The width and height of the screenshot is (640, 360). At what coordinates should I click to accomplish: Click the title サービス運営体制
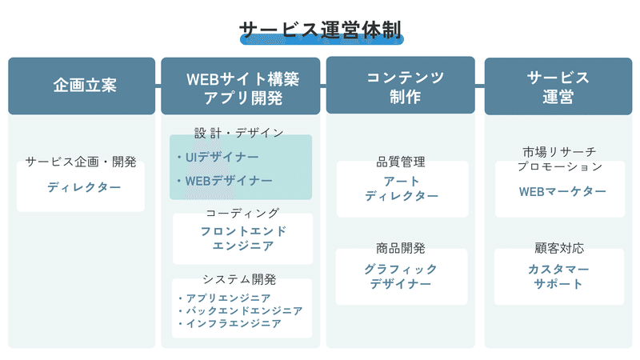tap(322, 30)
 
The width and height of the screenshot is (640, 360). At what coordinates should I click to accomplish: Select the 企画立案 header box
tap(82, 86)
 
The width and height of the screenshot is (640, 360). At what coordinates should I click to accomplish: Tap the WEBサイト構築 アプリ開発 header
tap(241, 86)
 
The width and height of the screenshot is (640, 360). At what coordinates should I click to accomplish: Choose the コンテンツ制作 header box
tap(401, 85)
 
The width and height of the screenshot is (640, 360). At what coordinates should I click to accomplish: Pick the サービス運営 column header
tap(558, 86)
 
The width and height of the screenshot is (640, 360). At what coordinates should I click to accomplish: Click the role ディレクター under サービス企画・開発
tap(84, 187)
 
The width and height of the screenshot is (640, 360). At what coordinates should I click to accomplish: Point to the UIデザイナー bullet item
tap(218, 157)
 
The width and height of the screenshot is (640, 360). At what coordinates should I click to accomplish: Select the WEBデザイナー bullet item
tap(225, 181)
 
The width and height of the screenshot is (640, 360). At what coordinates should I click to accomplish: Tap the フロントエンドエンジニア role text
tap(243, 238)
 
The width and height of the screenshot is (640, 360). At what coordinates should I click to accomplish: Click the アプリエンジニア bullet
tap(225, 298)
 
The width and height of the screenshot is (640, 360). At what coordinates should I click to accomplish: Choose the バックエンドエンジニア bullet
tap(241, 311)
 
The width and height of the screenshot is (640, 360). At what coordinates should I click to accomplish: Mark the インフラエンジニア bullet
tap(230, 324)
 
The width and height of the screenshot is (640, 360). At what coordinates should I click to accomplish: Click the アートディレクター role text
tap(402, 189)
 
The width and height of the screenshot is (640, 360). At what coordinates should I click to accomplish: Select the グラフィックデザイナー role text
tap(401, 276)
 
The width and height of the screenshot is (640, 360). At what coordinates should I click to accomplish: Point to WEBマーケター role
tap(562, 191)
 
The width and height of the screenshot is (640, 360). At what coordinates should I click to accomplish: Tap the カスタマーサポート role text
tap(558, 276)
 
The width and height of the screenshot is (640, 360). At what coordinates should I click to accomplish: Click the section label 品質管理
tap(401, 162)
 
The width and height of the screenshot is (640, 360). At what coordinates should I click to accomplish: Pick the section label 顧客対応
tap(559, 248)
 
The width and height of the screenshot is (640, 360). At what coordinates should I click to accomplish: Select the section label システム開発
tap(239, 279)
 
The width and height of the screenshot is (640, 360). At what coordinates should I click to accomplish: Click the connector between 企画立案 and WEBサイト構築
tap(158, 86)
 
